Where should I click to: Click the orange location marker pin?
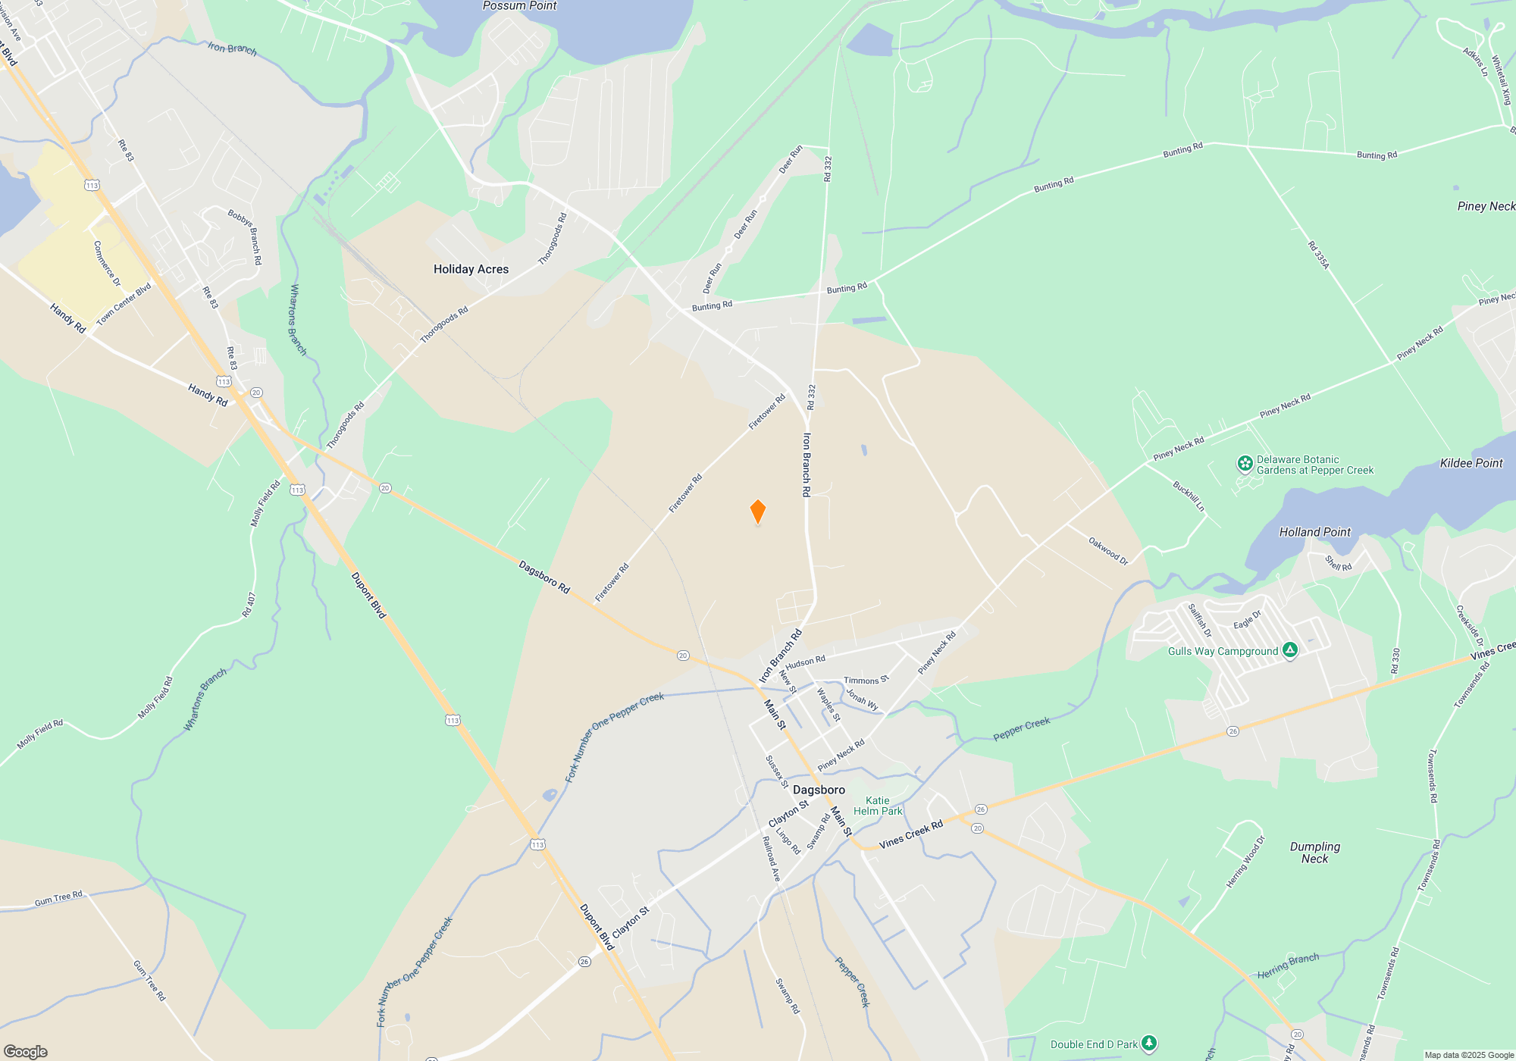click(757, 512)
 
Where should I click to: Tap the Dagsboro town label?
click(819, 790)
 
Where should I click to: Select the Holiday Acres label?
click(471, 269)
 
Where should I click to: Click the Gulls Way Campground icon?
click(1290, 650)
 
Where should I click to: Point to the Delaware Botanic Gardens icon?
click(1245, 464)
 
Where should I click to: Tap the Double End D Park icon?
click(1149, 1044)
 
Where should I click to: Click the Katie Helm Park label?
click(878, 806)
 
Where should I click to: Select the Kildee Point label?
click(1471, 463)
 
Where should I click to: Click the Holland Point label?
click(1314, 532)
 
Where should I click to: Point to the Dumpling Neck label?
click(1314, 853)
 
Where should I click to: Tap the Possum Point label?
click(519, 6)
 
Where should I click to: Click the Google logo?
click(26, 1051)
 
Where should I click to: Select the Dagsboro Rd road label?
click(543, 577)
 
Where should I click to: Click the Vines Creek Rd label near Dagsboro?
click(910, 834)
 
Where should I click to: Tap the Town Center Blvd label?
click(124, 304)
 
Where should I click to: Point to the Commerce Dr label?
click(107, 263)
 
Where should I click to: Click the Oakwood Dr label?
click(1108, 551)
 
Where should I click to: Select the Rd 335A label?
click(1318, 255)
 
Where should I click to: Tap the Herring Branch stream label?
click(1288, 966)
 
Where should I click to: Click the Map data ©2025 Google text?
click(1468, 1055)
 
